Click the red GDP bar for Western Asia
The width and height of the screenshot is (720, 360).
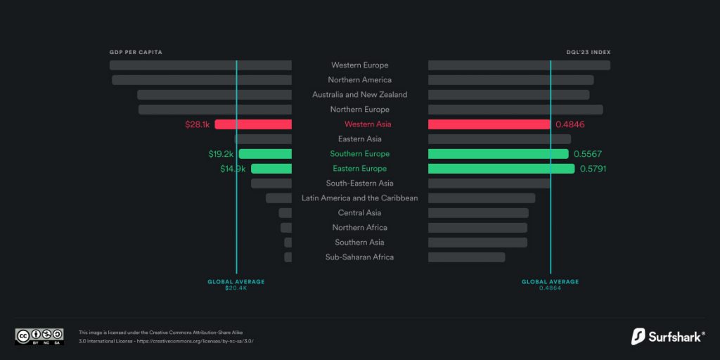pyautogui.click(x=253, y=124)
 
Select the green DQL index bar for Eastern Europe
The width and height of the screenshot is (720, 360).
pyautogui.click(x=501, y=169)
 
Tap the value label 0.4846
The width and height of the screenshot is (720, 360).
pyautogui.click(x=570, y=124)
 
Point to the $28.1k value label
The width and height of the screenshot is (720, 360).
pyautogui.click(x=198, y=124)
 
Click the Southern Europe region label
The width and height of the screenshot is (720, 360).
pyautogui.click(x=360, y=154)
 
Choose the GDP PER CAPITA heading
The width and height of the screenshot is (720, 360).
pyautogui.click(x=136, y=53)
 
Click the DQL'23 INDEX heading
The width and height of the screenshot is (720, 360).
pyautogui.click(x=588, y=53)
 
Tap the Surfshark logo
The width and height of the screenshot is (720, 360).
pyautogui.click(x=668, y=336)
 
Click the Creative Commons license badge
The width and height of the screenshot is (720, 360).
pyautogui.click(x=39, y=336)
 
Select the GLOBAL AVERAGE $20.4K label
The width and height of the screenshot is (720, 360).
pyautogui.click(x=236, y=284)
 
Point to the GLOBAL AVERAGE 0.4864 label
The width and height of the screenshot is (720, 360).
pyautogui.click(x=550, y=284)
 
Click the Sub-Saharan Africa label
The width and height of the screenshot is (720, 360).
pyautogui.click(x=360, y=257)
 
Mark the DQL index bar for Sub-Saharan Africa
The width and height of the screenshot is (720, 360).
pyautogui.click(x=466, y=257)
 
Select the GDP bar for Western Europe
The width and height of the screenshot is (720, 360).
pyautogui.click(x=200, y=65)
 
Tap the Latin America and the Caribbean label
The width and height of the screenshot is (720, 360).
pyautogui.click(x=360, y=198)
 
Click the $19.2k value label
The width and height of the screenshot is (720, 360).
pyautogui.click(x=221, y=154)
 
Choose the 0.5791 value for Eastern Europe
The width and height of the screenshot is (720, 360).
pyautogui.click(x=593, y=169)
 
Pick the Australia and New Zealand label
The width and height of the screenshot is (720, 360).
pyautogui.click(x=360, y=95)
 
